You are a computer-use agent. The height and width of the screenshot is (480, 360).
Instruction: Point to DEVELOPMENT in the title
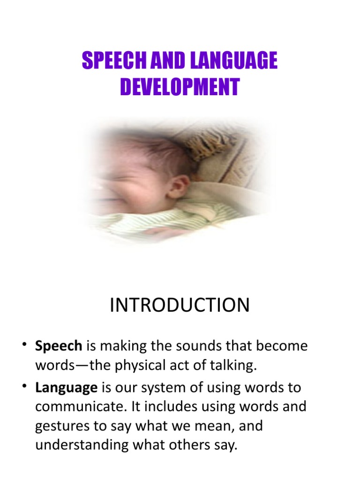click(x=180, y=87)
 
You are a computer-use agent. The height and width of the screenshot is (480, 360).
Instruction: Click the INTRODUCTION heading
click(x=180, y=305)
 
